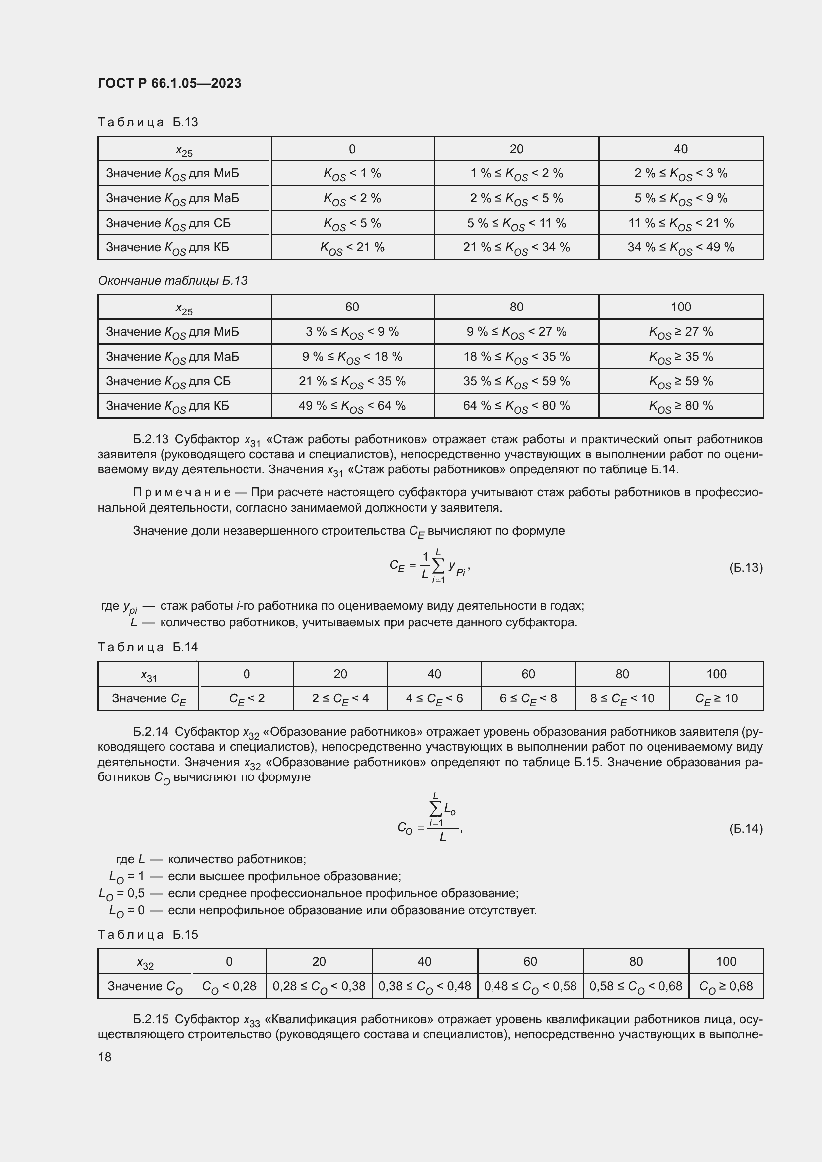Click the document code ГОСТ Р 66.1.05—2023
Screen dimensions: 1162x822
[x=169, y=83]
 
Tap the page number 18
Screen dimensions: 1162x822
[x=105, y=1057]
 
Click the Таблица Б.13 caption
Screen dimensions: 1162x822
[x=148, y=122]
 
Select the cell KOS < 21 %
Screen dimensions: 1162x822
[x=352, y=247]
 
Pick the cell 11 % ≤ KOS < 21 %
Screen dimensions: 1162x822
[x=680, y=223]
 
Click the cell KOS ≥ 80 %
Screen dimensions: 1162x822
[x=680, y=406]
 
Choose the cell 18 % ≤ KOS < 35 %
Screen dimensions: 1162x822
[x=516, y=357]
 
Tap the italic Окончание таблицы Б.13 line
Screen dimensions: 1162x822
[x=172, y=280]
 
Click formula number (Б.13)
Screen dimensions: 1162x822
[x=745, y=567]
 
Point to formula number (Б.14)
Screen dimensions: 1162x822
[x=745, y=829]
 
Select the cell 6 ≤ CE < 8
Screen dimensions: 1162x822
[x=528, y=698]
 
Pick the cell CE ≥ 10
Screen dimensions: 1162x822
[x=716, y=698]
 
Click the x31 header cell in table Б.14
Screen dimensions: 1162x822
[x=149, y=674]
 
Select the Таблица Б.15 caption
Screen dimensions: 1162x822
[x=148, y=935]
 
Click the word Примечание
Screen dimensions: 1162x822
[x=182, y=492]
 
